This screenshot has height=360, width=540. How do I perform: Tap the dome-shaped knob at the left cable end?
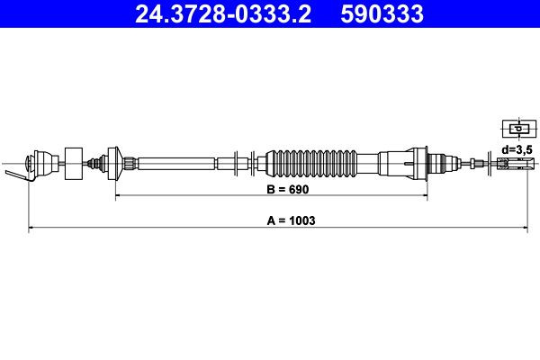click(40, 164)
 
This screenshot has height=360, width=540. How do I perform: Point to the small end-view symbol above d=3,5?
click(512, 127)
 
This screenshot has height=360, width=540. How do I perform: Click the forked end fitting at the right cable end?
click(510, 164)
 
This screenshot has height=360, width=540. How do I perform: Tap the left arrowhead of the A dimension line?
click(31, 228)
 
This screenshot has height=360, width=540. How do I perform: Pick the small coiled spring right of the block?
click(94, 164)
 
